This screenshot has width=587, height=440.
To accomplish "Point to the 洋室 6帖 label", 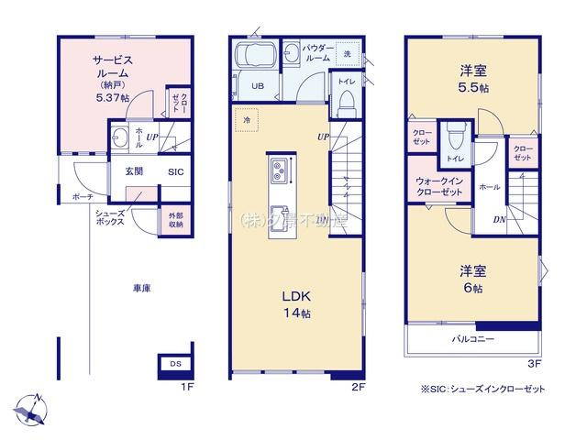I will pyautogui.click(x=471, y=279).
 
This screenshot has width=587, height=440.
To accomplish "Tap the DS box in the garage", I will pyautogui.click(x=174, y=364).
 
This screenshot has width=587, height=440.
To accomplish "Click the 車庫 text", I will pyautogui.click(x=141, y=288).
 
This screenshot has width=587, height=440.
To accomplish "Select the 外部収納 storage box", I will pyautogui.click(x=175, y=220).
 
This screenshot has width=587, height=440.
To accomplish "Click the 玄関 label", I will pyautogui.click(x=123, y=171).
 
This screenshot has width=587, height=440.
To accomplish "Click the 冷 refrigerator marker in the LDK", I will pyautogui.click(x=246, y=119).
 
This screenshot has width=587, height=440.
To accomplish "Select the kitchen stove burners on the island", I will pyautogui.click(x=280, y=170).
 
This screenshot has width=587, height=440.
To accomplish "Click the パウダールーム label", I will pyautogui.click(x=317, y=53).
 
